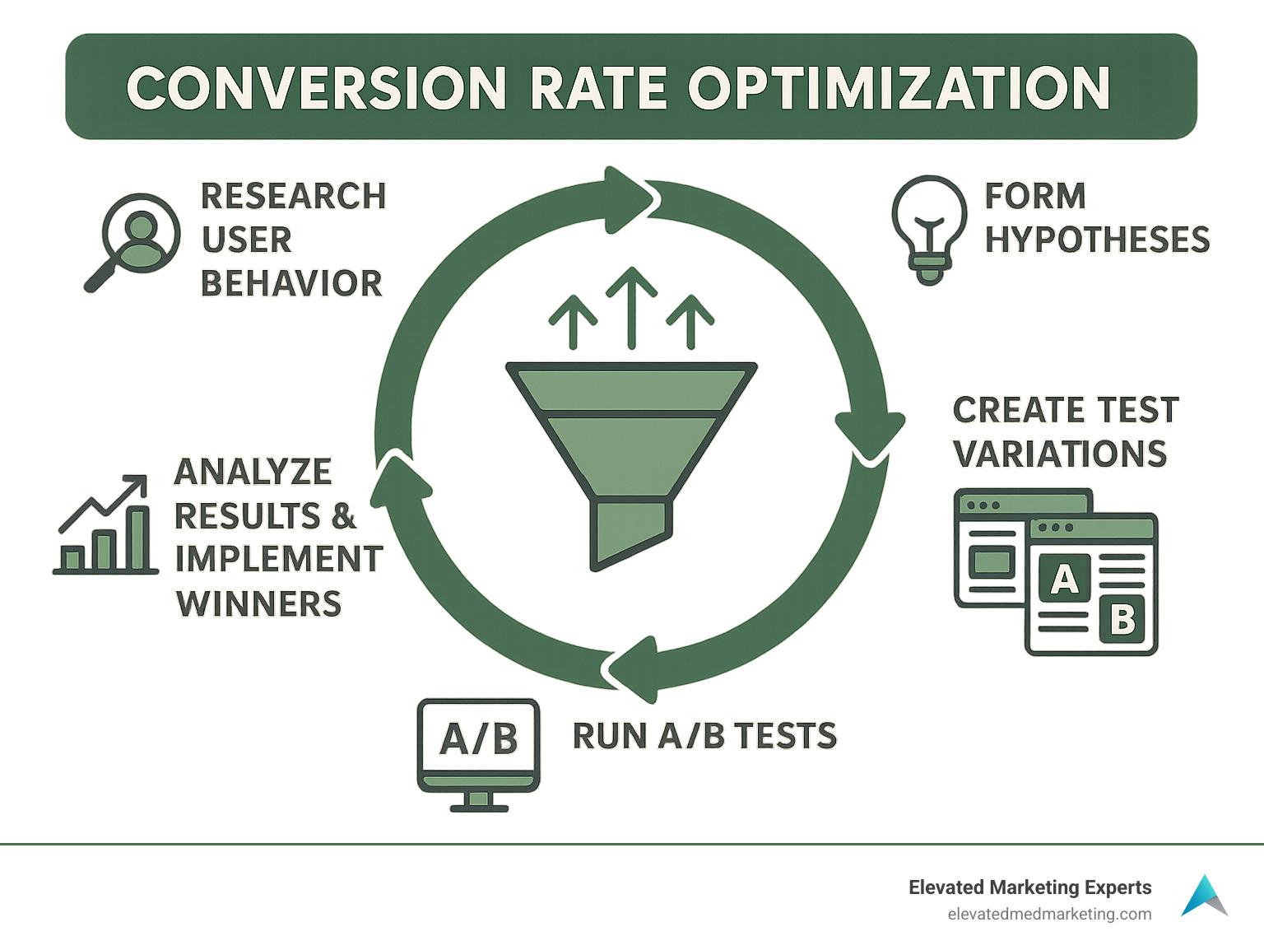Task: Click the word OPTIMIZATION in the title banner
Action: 899,88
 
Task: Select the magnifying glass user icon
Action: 133,240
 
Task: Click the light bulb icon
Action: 929,229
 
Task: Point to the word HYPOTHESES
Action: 1097,240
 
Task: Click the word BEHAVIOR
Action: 291,283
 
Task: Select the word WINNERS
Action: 258,603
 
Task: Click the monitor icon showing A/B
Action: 478,752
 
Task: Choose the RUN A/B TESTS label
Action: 704,736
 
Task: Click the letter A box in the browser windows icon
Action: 1064,579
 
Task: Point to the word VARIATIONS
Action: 1060,454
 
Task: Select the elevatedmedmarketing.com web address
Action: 1049,914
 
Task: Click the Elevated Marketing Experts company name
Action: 1029,887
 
